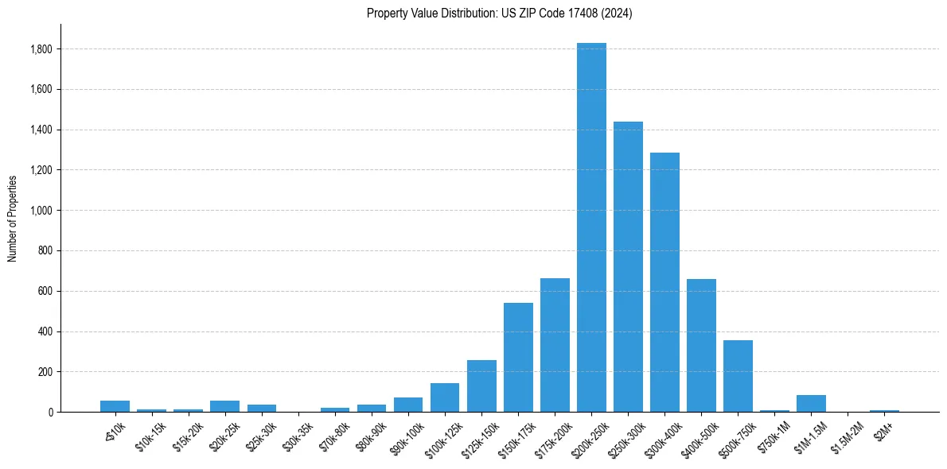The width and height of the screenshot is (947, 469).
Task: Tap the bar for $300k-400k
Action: coord(664,282)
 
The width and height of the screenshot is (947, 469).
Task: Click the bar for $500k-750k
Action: coord(738,376)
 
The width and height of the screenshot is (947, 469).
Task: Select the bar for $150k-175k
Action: coord(518,358)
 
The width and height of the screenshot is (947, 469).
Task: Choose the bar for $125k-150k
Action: coord(481,386)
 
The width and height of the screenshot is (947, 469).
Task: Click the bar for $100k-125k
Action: coord(445,397)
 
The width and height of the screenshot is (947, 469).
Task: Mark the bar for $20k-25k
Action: coord(224,406)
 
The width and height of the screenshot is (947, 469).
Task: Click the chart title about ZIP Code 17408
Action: coord(499,14)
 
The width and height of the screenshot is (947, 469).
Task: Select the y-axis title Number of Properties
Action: coord(13,218)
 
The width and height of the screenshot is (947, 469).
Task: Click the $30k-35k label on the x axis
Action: coord(297,436)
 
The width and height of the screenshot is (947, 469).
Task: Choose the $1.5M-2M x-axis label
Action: coord(846,436)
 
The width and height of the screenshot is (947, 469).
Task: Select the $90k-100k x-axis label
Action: coord(406,436)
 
